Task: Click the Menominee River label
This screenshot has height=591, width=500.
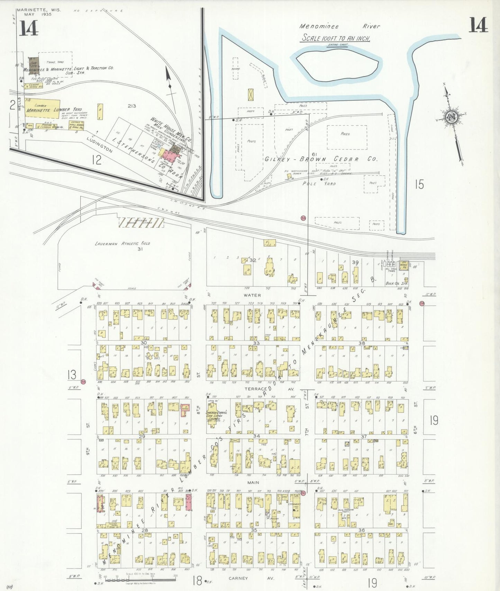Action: tap(339, 26)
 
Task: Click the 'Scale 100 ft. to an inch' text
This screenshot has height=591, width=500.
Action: tap(336, 38)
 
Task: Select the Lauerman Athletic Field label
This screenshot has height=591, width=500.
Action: tap(122, 243)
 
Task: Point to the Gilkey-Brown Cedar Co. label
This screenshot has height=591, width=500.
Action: tap(321, 159)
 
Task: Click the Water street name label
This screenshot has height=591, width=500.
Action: tap(252, 295)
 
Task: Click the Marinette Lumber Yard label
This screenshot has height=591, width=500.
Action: tap(54, 110)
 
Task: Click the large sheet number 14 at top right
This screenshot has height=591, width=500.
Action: tap(478, 25)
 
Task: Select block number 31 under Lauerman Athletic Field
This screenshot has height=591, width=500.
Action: tap(140, 249)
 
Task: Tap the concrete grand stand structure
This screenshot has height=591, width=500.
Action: tap(141, 222)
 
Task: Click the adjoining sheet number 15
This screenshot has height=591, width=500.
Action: tap(419, 184)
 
